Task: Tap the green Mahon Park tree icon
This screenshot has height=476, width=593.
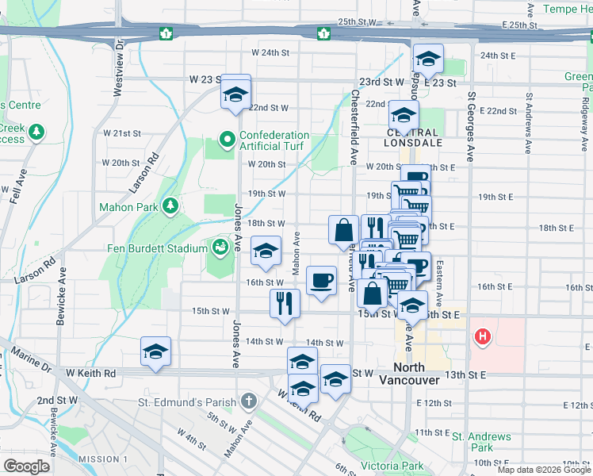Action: (x=170, y=207)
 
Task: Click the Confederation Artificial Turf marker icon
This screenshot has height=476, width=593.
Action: (x=228, y=140)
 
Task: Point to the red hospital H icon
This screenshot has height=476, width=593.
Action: (x=481, y=337)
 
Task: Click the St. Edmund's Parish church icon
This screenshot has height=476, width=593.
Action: (x=249, y=401)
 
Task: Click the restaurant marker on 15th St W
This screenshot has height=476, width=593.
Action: (x=285, y=303)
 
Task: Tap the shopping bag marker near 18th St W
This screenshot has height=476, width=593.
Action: (x=344, y=229)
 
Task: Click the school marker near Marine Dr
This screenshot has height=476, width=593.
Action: (x=156, y=351)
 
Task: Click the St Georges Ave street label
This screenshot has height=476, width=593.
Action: (x=470, y=126)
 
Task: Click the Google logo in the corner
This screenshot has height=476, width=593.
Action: (x=27, y=466)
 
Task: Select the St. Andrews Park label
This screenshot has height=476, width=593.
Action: (x=481, y=442)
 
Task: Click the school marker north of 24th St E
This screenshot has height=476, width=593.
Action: (x=428, y=59)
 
